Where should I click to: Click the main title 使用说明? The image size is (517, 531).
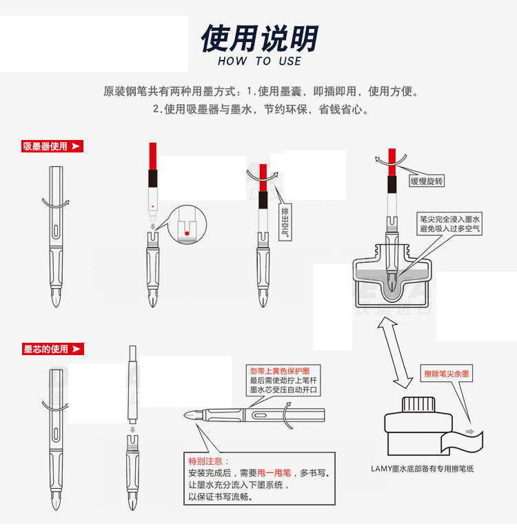(259, 38)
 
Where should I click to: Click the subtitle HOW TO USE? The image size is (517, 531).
(259, 61)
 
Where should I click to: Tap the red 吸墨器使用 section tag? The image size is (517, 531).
(52, 146)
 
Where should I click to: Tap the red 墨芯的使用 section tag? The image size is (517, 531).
(53, 349)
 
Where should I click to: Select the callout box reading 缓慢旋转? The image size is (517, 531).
(427, 181)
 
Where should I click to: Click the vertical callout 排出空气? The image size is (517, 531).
(285, 222)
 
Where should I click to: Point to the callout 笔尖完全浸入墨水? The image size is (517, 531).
(449, 219)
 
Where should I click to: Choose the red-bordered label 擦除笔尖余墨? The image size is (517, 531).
(447, 374)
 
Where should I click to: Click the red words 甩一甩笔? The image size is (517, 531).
(274, 473)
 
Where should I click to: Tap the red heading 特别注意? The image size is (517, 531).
(209, 461)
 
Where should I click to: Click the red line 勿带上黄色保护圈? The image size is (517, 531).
(280, 371)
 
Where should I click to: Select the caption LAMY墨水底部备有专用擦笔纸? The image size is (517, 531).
(422, 469)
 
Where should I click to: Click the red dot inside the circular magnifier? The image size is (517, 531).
(187, 233)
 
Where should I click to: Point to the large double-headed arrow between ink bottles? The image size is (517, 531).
(395, 353)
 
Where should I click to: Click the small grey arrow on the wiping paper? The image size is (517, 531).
(470, 432)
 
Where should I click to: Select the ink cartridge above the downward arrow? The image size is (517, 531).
(133, 384)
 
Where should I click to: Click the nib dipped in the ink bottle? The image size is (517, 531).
(392, 282)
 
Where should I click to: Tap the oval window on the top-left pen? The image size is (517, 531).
(56, 230)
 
